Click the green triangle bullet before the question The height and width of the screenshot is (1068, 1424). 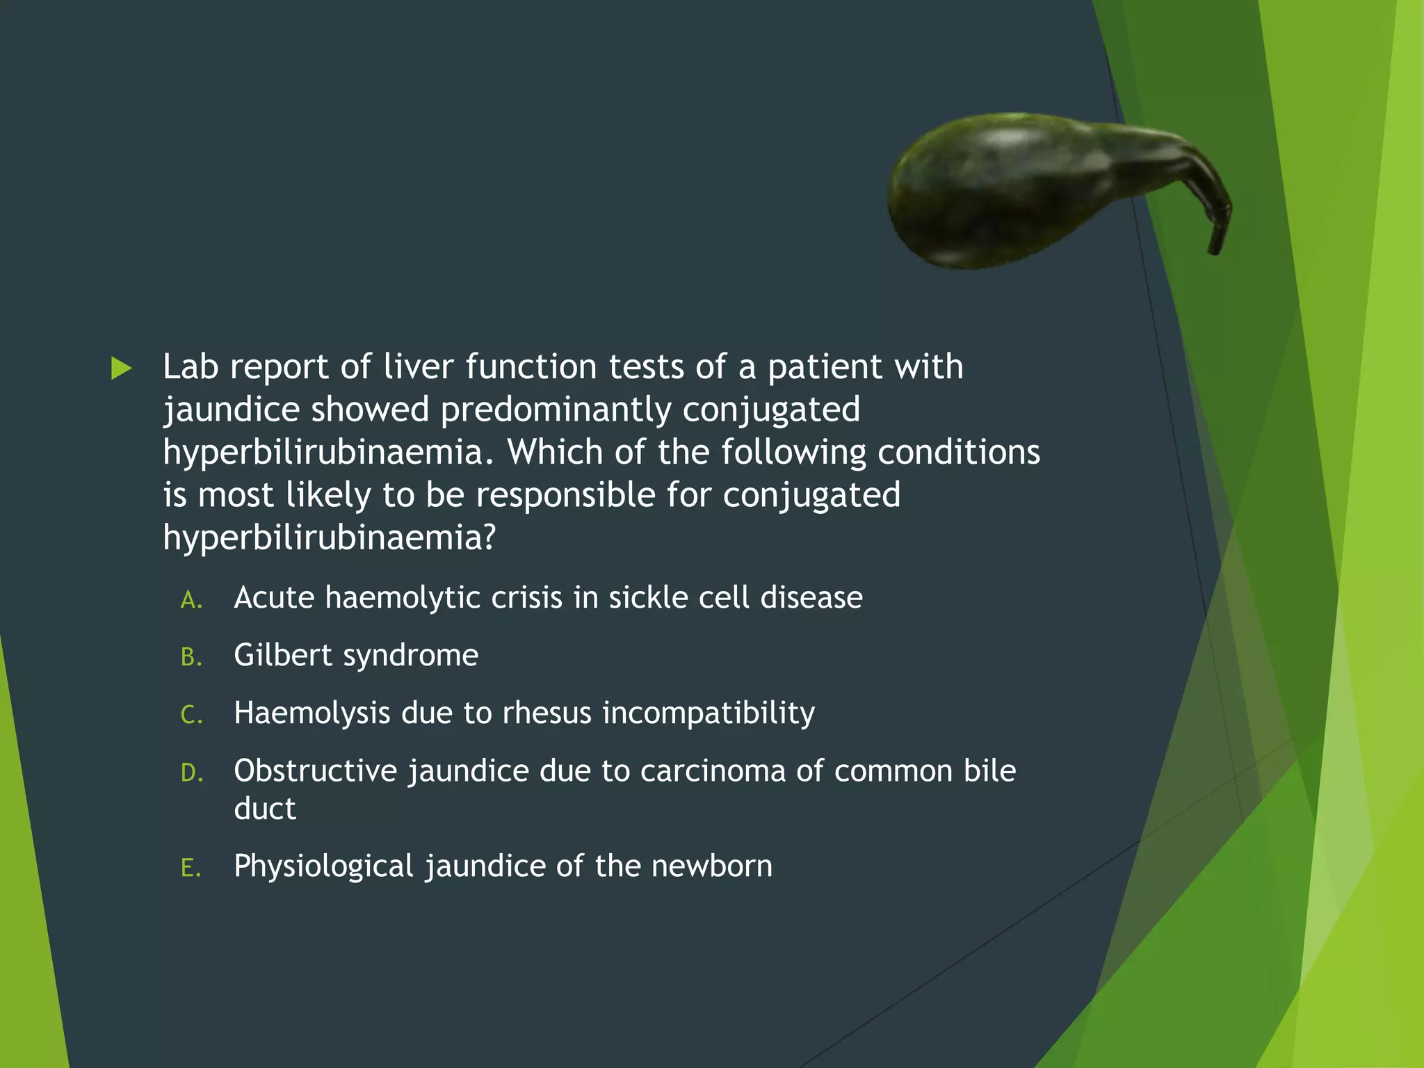click(x=121, y=369)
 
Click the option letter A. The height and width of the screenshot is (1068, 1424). click(x=191, y=600)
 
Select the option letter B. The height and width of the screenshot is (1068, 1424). click(x=191, y=657)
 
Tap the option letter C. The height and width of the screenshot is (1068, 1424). click(x=191, y=715)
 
